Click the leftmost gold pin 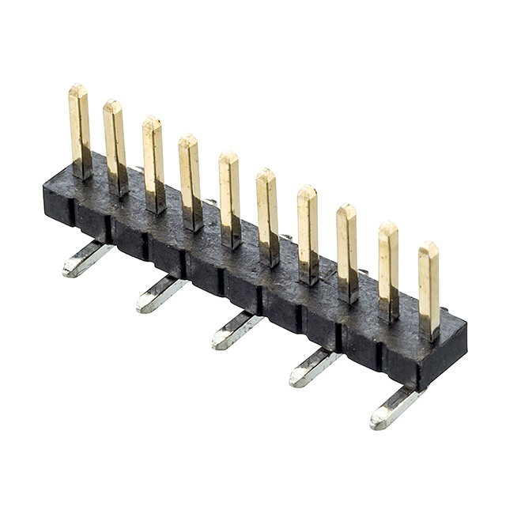click(79, 130)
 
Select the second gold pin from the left click(115, 147)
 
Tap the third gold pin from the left click(153, 164)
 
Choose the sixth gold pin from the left click(267, 216)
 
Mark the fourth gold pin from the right click(308, 233)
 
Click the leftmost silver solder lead click(87, 259)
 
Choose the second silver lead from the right click(314, 367)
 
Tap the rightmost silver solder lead click(395, 406)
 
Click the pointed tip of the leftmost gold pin click(77, 88)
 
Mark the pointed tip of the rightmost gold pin click(428, 245)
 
